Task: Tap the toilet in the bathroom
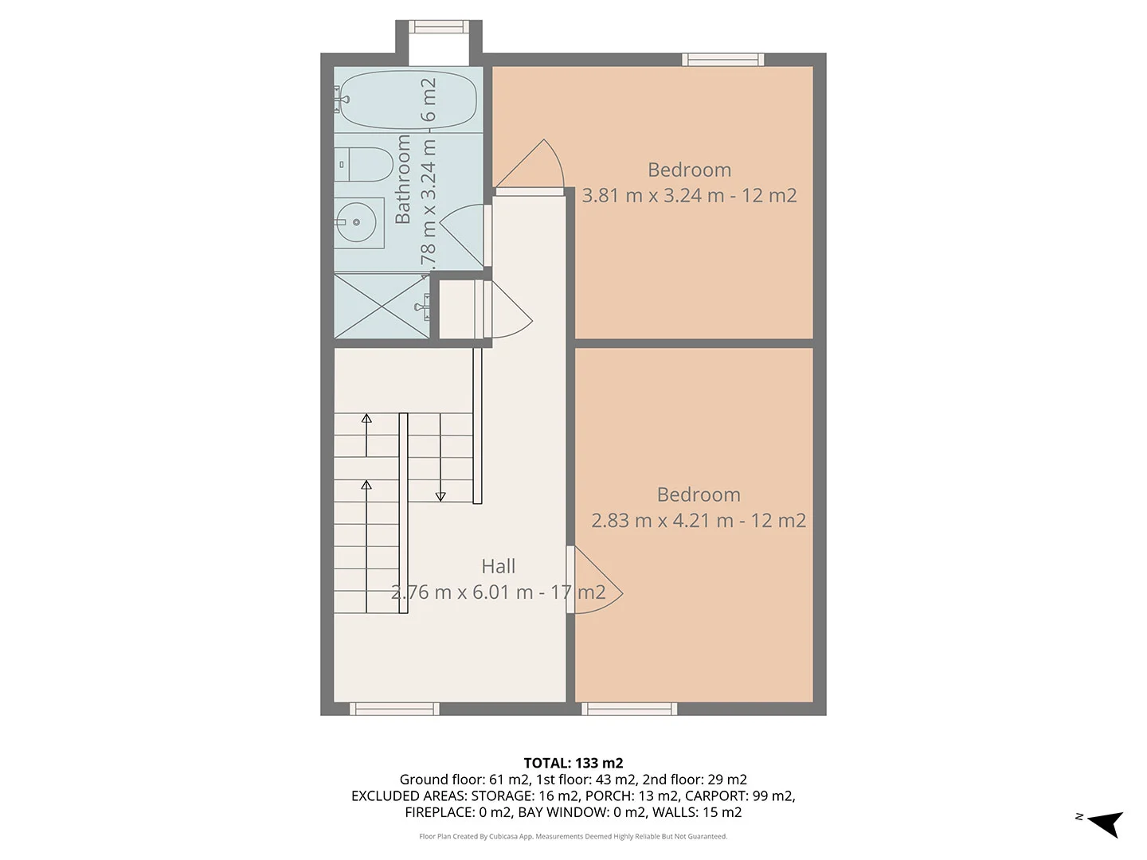(364, 164)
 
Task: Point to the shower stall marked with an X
(382, 306)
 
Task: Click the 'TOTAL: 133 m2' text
(573, 764)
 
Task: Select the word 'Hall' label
(498, 566)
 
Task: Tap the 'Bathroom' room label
(402, 179)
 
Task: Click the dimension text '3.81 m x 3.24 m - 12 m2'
(689, 196)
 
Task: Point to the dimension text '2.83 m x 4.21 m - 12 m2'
(699, 521)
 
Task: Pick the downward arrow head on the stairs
(440, 497)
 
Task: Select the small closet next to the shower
(456, 310)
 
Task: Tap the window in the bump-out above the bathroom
(439, 26)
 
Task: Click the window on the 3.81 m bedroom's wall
(723, 60)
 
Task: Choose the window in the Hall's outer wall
(394, 709)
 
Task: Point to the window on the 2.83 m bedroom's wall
(630, 709)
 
